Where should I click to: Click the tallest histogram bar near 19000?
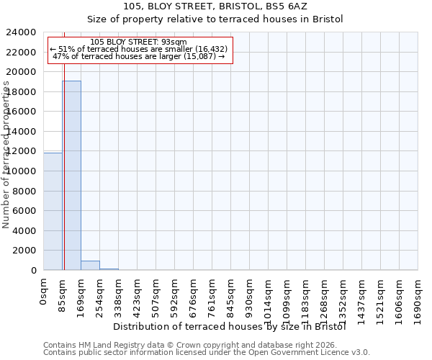[x=71, y=175]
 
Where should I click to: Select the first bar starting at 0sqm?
[x=53, y=211]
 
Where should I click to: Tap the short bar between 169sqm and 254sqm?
[x=90, y=266]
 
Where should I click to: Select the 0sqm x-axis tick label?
[x=43, y=291]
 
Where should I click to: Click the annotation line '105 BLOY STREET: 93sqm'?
[x=140, y=42]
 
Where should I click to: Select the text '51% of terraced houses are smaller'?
[x=139, y=49]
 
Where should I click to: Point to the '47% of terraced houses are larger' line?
[x=139, y=56]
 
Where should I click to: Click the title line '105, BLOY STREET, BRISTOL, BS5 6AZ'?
[x=216, y=6]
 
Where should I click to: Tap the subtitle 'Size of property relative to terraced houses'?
[x=216, y=19]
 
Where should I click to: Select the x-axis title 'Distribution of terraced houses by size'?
[x=230, y=326]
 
